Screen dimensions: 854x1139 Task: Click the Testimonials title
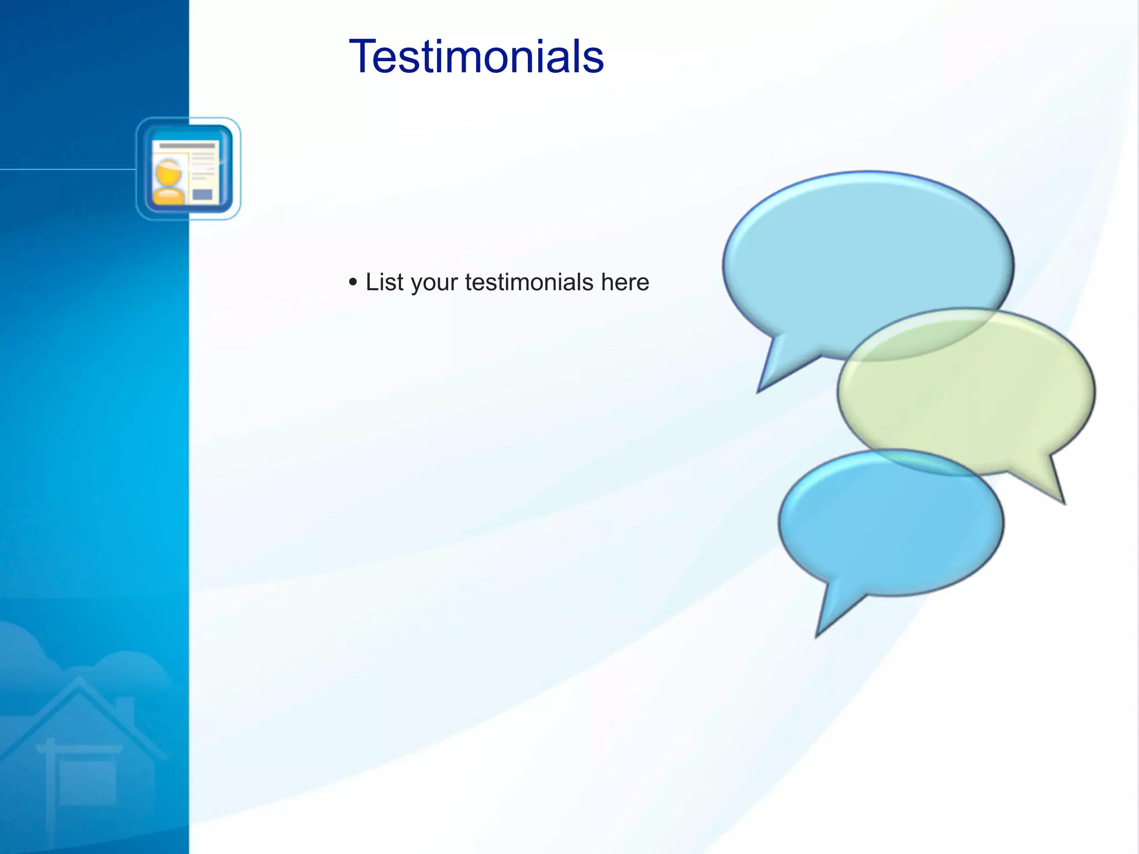[476, 57]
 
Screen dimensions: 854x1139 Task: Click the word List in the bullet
[384, 282]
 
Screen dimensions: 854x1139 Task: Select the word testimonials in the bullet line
[529, 282]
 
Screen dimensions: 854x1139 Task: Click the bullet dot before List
[353, 282]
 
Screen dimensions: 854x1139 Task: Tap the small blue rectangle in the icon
[202, 194]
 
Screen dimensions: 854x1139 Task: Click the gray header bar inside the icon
[187, 146]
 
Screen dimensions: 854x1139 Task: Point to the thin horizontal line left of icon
[67, 169]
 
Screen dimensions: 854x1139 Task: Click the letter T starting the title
[360, 57]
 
